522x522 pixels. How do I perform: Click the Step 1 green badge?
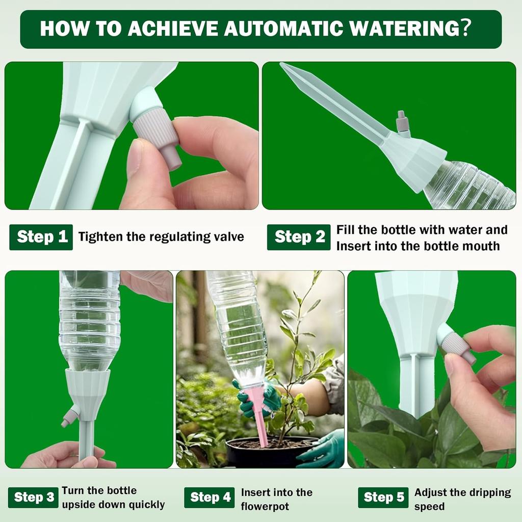(x=41, y=237)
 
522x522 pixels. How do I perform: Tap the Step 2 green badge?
(x=299, y=237)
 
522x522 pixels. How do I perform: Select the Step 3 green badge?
(x=34, y=498)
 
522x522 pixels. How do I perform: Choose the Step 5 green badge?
(x=383, y=498)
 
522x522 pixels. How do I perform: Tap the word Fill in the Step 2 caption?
(x=345, y=230)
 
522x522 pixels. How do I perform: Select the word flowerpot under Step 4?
(x=265, y=507)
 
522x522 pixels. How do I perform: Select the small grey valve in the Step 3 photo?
(x=69, y=416)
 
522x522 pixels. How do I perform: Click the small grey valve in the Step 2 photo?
(x=402, y=122)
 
